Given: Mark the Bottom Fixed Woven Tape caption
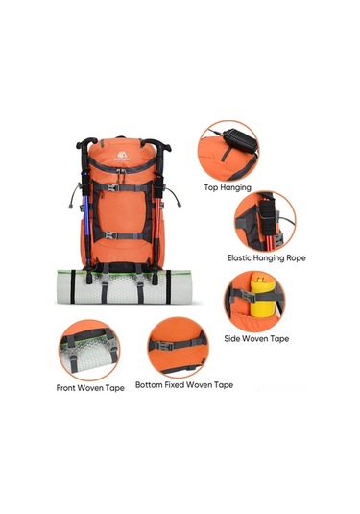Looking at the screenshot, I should (x=183, y=384).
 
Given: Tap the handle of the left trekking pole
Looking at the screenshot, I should (x=86, y=150).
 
